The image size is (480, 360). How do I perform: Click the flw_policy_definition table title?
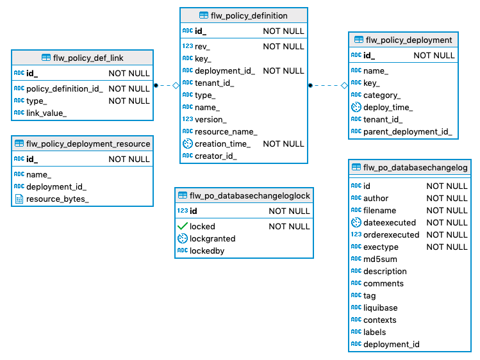(249, 15)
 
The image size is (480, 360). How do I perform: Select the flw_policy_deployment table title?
(408, 40)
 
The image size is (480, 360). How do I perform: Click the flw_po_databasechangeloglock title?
(250, 195)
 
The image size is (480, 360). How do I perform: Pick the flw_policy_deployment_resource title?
(88, 143)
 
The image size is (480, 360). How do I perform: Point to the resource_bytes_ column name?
(57, 199)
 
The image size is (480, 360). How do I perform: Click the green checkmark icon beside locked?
(183, 226)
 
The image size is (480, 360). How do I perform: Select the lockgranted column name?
(212, 238)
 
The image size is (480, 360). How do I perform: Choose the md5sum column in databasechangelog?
(381, 259)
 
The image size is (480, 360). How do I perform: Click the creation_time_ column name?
(222, 143)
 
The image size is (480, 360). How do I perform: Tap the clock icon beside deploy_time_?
(356, 107)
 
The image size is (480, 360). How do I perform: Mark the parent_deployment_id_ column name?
(407, 132)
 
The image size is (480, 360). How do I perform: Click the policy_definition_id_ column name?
(64, 88)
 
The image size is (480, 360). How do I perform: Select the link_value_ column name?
(46, 113)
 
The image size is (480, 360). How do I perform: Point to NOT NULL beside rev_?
(283, 46)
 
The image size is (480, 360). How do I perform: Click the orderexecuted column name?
(391, 234)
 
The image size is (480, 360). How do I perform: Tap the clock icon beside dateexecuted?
(356, 222)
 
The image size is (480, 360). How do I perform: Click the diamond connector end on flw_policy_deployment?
(344, 85)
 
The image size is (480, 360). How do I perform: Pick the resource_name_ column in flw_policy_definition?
(226, 131)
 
